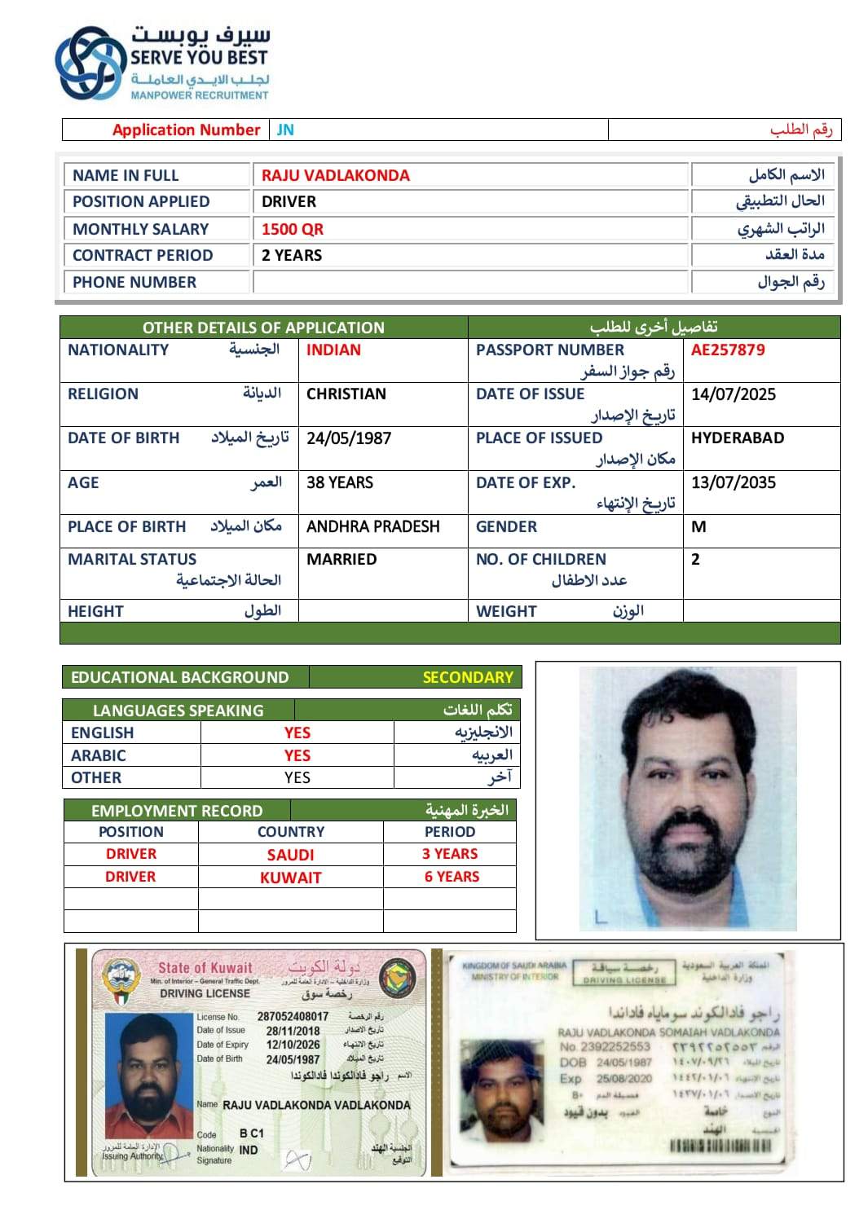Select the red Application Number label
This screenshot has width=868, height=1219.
coord(186,130)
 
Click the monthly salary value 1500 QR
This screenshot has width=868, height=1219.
coord(293,229)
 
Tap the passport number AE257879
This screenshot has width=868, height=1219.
coord(728,350)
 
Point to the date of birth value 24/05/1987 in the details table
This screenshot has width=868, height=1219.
coord(349,438)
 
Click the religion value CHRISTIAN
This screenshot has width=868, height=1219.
coord(346,394)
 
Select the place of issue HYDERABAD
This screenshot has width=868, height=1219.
coord(738,438)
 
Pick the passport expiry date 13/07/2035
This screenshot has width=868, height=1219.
coord(734,482)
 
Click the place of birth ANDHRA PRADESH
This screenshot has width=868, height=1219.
coord(372,526)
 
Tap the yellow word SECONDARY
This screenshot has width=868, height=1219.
coord(468,677)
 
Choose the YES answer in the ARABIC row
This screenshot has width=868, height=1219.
coord(297,755)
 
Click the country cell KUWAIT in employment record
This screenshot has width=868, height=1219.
coord(291,878)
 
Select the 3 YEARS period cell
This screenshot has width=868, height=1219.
coord(450,854)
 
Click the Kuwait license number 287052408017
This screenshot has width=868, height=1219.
coord(293,1016)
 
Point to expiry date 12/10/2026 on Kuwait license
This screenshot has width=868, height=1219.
coord(293,1045)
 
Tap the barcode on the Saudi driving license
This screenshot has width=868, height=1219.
coord(720,1146)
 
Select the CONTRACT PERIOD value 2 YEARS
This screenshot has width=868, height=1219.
coord(292,255)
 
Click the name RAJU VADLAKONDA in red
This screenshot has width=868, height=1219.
coord(336,175)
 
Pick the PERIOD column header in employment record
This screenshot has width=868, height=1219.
coord(450,832)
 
